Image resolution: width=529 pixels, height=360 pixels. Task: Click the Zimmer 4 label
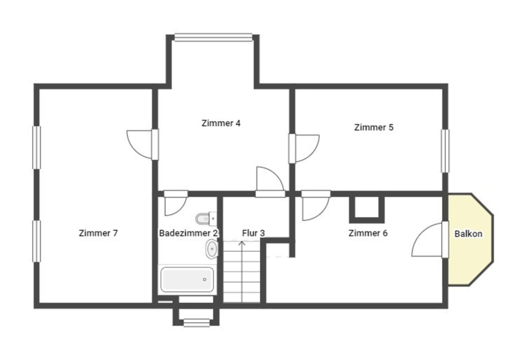pyautogui.click(x=221, y=123)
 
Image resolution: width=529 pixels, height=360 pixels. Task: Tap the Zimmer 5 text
pyautogui.click(x=374, y=128)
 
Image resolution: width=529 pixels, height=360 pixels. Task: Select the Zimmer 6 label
pyautogui.click(x=368, y=233)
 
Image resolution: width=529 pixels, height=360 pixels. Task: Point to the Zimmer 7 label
pyautogui.click(x=98, y=233)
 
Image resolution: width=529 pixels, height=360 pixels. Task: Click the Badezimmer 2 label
pyautogui.click(x=188, y=233)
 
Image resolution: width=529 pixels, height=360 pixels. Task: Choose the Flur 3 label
pyautogui.click(x=253, y=233)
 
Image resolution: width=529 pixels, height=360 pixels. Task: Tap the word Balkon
pyautogui.click(x=468, y=234)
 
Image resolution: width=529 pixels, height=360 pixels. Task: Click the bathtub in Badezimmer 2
pyautogui.click(x=187, y=280)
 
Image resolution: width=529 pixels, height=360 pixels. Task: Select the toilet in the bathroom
pyautogui.click(x=206, y=219)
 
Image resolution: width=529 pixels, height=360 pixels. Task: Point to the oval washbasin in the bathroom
pyautogui.click(x=212, y=249)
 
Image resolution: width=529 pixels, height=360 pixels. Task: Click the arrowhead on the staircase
pyautogui.click(x=242, y=243)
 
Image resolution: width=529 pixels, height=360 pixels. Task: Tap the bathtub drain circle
pyautogui.click(x=204, y=280)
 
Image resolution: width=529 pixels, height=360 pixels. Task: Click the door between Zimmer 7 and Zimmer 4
pyautogui.click(x=142, y=144)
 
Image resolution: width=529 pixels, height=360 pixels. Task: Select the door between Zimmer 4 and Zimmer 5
pyautogui.click(x=304, y=148)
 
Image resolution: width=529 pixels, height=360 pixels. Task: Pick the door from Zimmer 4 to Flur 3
pyautogui.click(x=270, y=182)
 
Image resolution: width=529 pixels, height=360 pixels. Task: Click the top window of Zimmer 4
pyautogui.click(x=213, y=37)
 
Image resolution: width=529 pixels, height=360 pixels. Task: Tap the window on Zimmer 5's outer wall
pyautogui.click(x=445, y=151)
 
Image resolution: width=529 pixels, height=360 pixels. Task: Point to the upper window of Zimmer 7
pyautogui.click(x=36, y=148)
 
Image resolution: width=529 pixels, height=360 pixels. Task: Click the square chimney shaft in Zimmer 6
pyautogui.click(x=367, y=209)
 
